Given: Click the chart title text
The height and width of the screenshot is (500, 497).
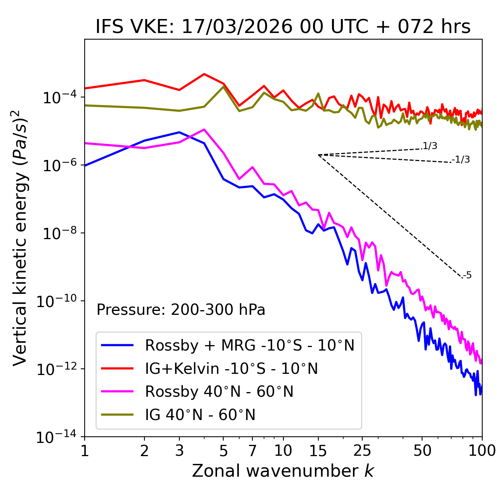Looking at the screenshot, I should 283,27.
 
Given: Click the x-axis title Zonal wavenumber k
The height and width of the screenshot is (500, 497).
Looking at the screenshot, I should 283,471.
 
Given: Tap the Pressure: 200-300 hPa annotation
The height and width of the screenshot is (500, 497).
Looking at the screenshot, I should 181,310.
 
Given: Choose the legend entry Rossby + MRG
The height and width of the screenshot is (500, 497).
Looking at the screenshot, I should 249,345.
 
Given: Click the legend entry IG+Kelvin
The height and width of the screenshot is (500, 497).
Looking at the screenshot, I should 231,368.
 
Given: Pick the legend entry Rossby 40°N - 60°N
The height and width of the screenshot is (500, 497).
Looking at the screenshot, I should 219,392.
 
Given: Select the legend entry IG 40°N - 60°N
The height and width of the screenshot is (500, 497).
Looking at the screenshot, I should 200,415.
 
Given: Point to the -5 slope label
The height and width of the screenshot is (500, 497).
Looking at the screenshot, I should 467,275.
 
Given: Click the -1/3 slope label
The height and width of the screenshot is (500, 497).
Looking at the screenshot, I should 461,160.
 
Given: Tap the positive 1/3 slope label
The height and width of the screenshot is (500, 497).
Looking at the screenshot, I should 430,146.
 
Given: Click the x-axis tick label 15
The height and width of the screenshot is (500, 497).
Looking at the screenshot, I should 318,451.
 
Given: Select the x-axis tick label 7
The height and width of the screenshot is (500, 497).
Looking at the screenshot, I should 252,451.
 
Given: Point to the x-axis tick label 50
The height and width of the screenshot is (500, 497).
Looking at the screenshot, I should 422,451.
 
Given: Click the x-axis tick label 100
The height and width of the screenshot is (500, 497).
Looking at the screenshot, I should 482,451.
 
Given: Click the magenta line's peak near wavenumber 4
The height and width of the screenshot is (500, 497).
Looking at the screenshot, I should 204,129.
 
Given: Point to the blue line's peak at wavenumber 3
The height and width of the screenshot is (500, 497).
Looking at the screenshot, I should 179,132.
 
